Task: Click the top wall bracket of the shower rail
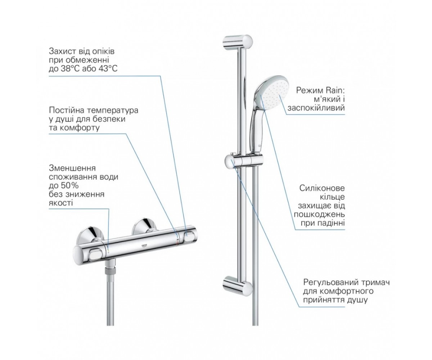click(237, 41)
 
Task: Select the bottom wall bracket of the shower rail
click(237, 284)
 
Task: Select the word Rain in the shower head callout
click(336, 90)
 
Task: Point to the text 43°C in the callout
click(108, 69)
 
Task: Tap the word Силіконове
click(322, 188)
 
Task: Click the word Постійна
click(66, 110)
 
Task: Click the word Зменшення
click(72, 168)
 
